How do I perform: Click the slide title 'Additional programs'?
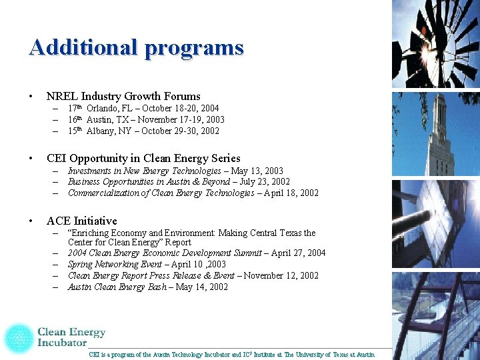click(136, 47)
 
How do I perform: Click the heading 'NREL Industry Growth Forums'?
click(123, 96)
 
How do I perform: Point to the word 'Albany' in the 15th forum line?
click(100, 131)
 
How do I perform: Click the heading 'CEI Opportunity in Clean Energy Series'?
click(143, 158)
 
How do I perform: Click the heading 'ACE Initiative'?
click(81, 221)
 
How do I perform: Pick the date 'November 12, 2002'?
click(281, 275)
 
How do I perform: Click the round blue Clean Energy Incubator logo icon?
click(18, 337)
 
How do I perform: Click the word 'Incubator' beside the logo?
click(62, 343)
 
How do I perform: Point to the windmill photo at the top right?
click(435, 43)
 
